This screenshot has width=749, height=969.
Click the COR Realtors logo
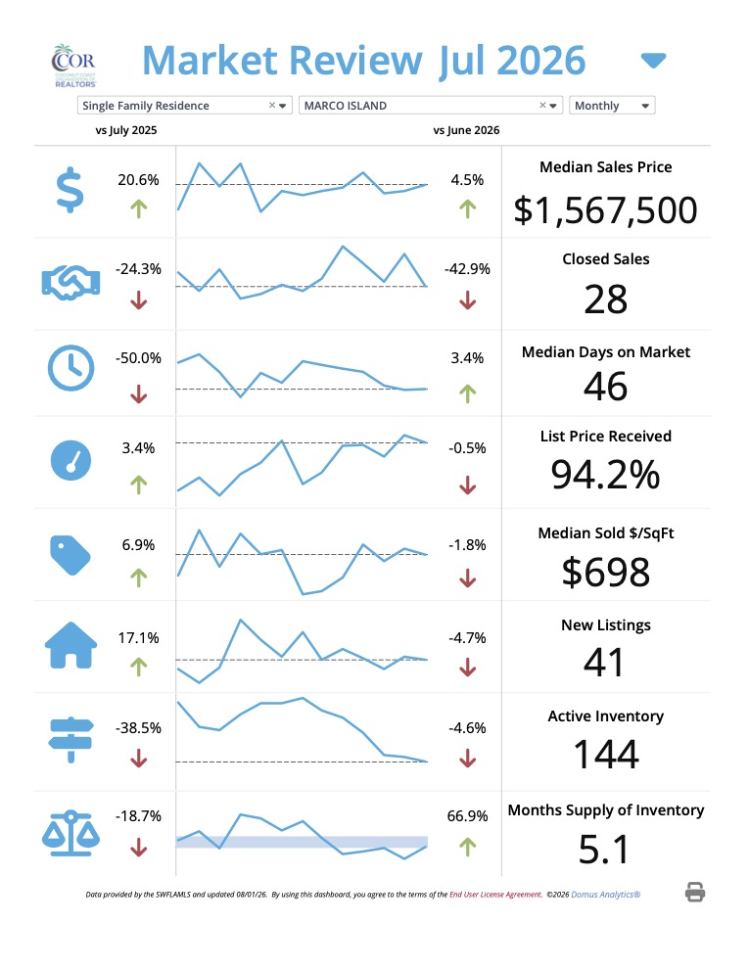pyautogui.click(x=74, y=66)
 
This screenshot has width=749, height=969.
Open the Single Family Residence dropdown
pyautogui.click(x=184, y=106)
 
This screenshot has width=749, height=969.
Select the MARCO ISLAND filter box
pyautogui.click(x=430, y=106)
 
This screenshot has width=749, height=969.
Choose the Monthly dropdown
pyautogui.click(x=612, y=106)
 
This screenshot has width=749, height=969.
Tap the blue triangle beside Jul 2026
pyautogui.click(x=653, y=61)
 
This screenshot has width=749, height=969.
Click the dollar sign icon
pyautogui.click(x=70, y=190)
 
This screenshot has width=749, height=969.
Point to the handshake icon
pyautogui.click(x=70, y=283)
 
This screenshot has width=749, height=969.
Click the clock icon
pyautogui.click(x=71, y=368)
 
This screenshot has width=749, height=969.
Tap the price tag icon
pyautogui.click(x=70, y=555)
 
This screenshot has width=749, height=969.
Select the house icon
pyautogui.click(x=71, y=645)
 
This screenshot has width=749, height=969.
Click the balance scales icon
pyautogui.click(x=70, y=833)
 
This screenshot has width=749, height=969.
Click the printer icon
pyautogui.click(x=695, y=893)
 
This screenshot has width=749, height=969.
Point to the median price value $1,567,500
pyautogui.click(x=606, y=210)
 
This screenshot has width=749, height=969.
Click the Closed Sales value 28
pyautogui.click(x=606, y=300)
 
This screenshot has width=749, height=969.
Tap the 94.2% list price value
pyautogui.click(x=606, y=475)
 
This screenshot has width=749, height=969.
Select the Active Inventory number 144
pyautogui.click(x=606, y=755)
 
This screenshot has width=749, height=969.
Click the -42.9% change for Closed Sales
pyautogui.click(x=467, y=269)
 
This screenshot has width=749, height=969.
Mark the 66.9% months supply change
pyautogui.click(x=467, y=815)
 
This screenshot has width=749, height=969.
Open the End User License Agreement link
pyautogui.click(x=495, y=895)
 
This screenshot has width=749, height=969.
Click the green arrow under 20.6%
pyautogui.click(x=138, y=208)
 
